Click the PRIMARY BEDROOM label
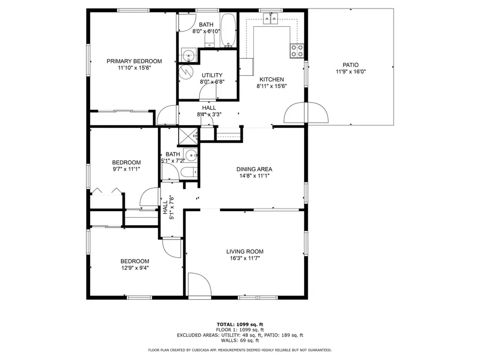pos(133,61)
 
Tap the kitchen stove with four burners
pos(297,51)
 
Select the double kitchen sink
pos(270,19)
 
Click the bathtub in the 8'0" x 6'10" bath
pos(228,30)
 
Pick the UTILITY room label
pos(212,75)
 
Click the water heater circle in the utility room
pos(187,72)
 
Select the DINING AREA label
pos(254,169)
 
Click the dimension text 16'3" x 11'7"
pos(245,259)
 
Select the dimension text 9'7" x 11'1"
pos(126,169)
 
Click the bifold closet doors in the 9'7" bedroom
pos(107,190)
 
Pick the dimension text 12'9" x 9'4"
pos(134,268)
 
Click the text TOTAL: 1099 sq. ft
pos(240,324)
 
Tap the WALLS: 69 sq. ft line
pos(240,340)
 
